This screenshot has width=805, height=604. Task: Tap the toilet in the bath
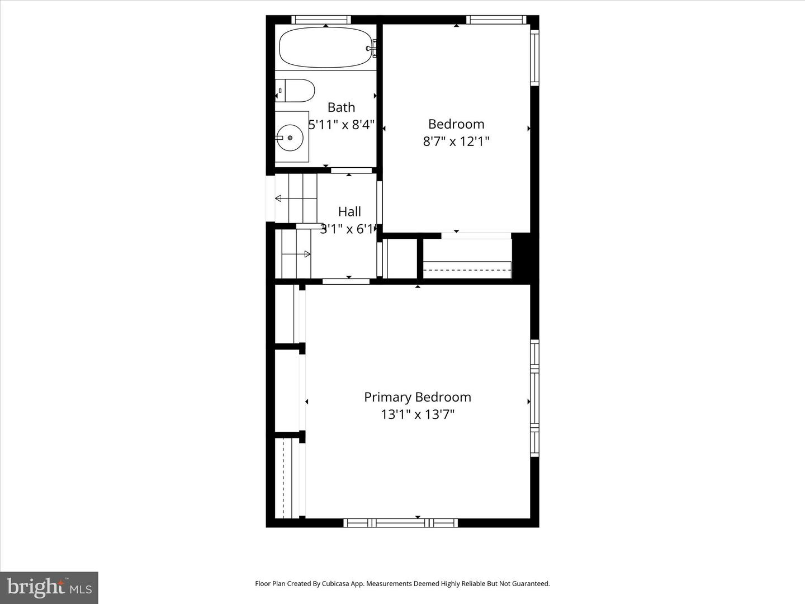point(296,91)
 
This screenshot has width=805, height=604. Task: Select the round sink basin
point(290,136)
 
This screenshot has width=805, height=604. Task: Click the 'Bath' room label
point(341,107)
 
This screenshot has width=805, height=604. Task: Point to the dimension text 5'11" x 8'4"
point(342,124)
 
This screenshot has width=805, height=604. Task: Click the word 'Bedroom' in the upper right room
point(456,124)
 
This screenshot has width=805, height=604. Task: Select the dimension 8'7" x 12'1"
point(456,141)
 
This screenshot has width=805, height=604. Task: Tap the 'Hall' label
point(349,211)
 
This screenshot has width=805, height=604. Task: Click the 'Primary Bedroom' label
point(418,397)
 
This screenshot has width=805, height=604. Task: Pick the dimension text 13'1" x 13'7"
point(418,414)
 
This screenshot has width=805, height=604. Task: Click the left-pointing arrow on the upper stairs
point(278,199)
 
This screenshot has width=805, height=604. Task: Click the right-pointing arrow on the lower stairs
point(307,254)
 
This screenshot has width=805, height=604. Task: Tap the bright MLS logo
point(49,587)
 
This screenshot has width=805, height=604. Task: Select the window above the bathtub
point(321,20)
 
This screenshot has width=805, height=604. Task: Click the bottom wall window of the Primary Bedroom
point(400,523)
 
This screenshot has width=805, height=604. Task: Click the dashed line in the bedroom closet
point(467,270)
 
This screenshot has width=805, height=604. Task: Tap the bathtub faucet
point(371,48)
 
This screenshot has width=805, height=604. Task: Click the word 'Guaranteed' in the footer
point(531,583)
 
